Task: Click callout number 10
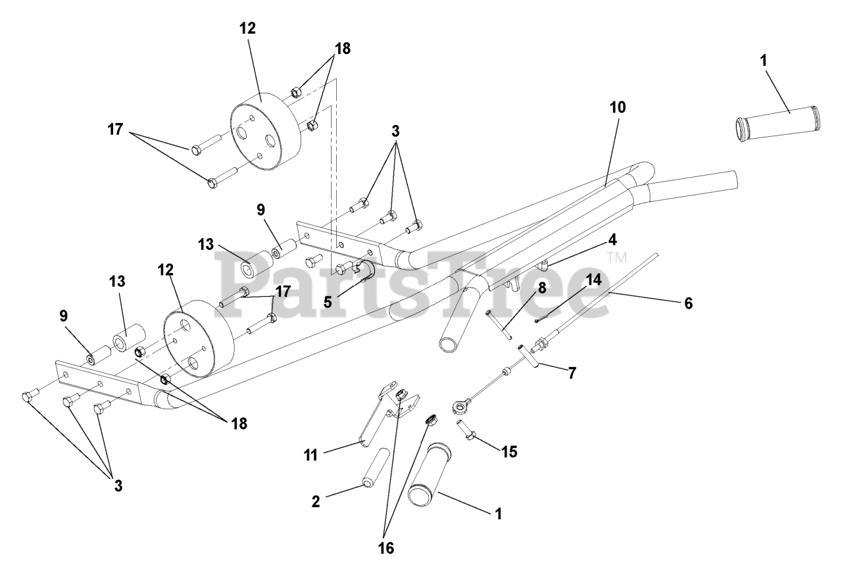point(618,108)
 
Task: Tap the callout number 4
point(612,240)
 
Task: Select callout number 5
point(328,301)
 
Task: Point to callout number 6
point(688,303)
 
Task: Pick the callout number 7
point(572,373)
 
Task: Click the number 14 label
point(594,280)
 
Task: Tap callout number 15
point(509,452)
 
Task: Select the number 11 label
point(310,455)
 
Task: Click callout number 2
point(316,501)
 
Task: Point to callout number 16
point(386,548)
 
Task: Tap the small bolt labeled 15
point(466,430)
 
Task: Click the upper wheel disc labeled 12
point(265,132)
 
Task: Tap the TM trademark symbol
point(616,257)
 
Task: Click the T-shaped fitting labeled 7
point(530,356)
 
